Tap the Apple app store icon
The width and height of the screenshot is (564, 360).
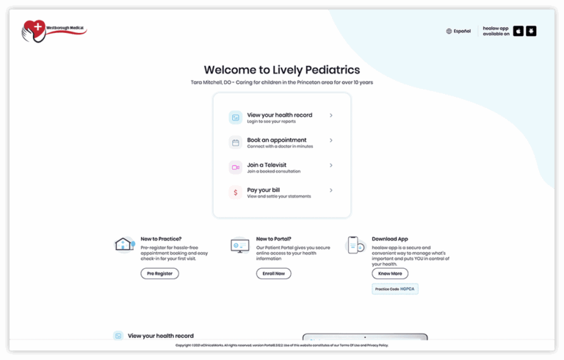(518, 31)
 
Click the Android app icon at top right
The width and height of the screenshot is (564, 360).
(531, 31)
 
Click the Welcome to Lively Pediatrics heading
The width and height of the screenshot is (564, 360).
(282, 70)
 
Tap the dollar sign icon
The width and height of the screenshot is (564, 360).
(235, 192)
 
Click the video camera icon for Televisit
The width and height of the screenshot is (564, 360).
(235, 168)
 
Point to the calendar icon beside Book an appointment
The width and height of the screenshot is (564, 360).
(235, 143)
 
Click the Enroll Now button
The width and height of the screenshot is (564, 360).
(273, 273)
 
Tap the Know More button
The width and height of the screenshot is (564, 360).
(390, 273)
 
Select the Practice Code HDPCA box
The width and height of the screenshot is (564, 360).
(395, 289)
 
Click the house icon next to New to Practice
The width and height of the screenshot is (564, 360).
(124, 245)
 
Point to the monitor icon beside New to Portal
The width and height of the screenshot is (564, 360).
(239, 245)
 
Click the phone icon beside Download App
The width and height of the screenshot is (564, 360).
(355, 245)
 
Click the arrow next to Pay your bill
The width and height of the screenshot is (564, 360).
(331, 190)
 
